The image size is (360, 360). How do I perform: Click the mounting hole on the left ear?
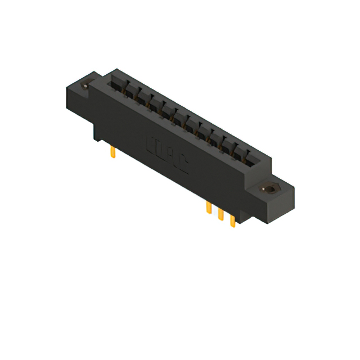point(85,86)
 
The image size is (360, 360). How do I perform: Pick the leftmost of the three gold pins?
point(209,208)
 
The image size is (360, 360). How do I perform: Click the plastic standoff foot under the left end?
point(97,133)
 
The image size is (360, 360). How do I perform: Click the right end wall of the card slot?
point(260,163)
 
